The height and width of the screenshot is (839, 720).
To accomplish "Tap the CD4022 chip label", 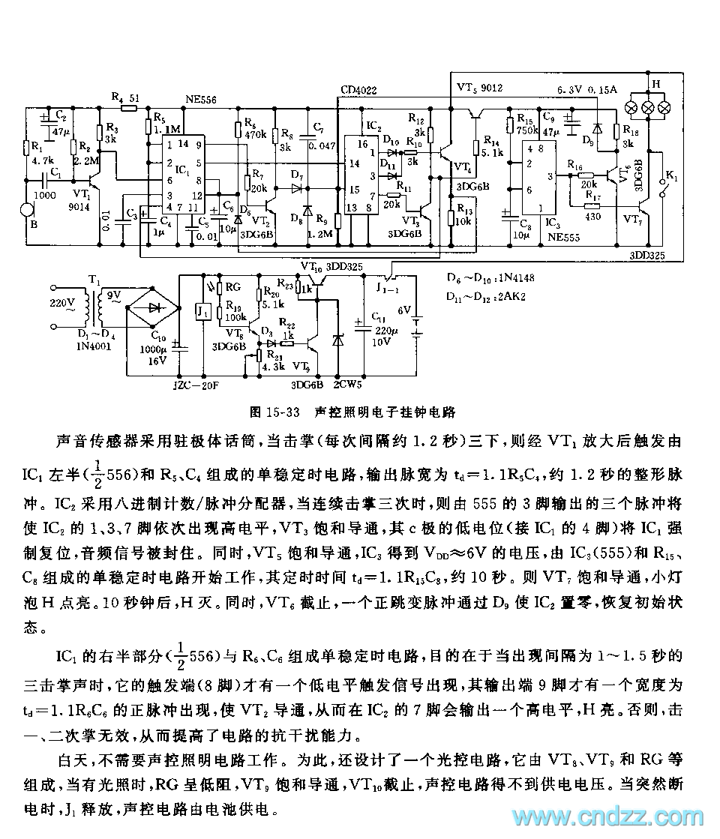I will (x=358, y=91).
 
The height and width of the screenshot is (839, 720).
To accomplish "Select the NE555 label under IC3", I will (x=562, y=238).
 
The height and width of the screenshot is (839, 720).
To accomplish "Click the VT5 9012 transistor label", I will (x=480, y=88).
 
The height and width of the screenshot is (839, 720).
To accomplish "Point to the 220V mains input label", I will (x=62, y=304).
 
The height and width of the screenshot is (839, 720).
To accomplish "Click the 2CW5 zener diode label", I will (x=347, y=385).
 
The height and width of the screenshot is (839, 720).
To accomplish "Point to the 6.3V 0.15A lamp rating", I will (x=586, y=89).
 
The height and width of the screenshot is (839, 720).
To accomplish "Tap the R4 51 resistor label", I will (x=125, y=97).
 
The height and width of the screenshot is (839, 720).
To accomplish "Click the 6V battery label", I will (x=405, y=310).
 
